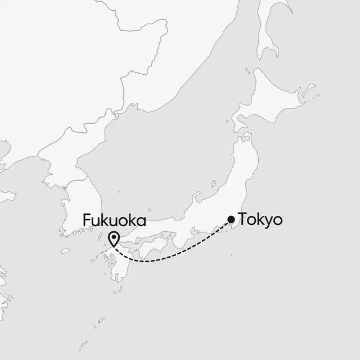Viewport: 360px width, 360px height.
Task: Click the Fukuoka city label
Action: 114,220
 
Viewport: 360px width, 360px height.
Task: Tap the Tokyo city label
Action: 260,219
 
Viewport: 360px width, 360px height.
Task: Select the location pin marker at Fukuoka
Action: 114,239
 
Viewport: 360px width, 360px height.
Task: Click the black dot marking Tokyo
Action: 231,219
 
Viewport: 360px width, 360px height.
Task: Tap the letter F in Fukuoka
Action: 86,220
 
